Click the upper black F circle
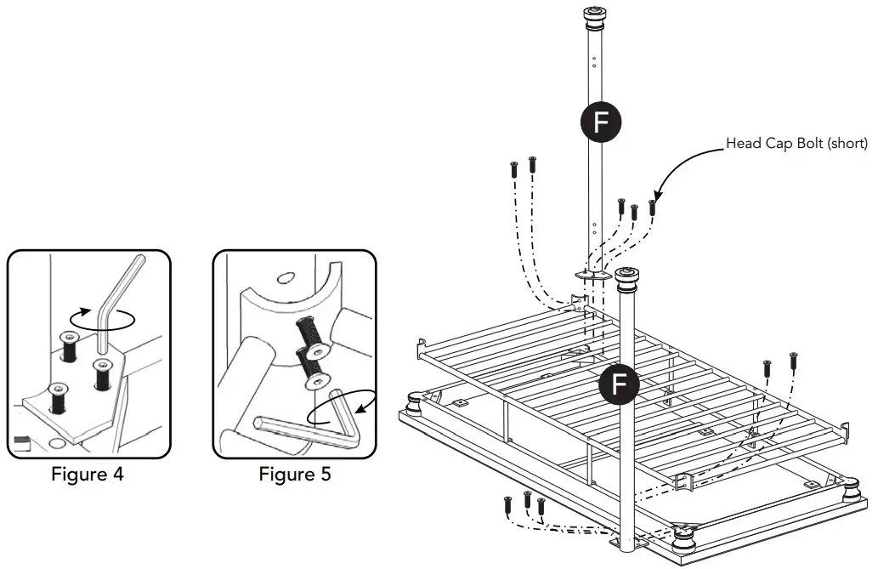[601, 122]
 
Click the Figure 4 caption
[88, 475]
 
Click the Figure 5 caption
[295, 475]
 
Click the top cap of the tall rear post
[593, 15]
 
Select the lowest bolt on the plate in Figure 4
[57, 396]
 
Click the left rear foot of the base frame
[416, 400]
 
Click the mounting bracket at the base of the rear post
[594, 275]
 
